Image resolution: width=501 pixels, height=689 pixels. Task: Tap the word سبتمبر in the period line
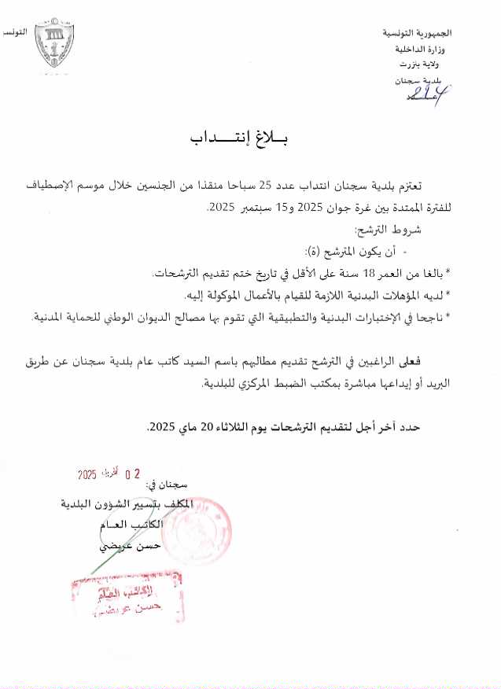click(253, 208)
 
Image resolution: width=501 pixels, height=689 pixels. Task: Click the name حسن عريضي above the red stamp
click(132, 545)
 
